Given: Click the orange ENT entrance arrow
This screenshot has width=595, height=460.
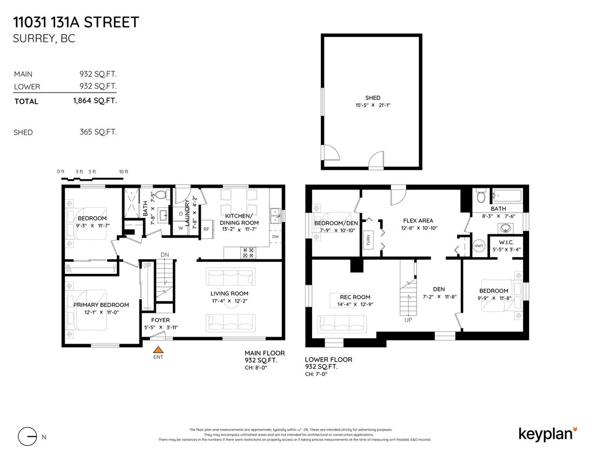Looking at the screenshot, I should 158,350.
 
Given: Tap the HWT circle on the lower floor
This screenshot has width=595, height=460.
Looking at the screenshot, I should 478,245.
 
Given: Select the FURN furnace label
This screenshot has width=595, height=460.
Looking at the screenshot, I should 368,240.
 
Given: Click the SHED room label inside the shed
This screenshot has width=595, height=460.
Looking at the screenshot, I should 373,98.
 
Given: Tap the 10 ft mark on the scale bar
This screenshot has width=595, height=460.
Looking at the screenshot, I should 124,172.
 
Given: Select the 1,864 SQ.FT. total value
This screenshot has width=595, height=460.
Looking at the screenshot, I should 95,101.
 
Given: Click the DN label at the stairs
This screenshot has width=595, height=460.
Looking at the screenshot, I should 165,255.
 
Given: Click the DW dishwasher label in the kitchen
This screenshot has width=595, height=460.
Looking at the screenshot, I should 275,236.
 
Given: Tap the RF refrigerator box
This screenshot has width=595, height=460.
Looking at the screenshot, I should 207,229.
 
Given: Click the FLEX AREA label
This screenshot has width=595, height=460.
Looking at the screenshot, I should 419,220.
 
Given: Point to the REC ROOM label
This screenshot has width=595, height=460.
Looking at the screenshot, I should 355,297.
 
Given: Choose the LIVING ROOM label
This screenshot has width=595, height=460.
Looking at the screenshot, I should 229,293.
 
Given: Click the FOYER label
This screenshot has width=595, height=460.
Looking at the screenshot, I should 160,320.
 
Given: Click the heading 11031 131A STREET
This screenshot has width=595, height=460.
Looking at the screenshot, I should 76,23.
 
